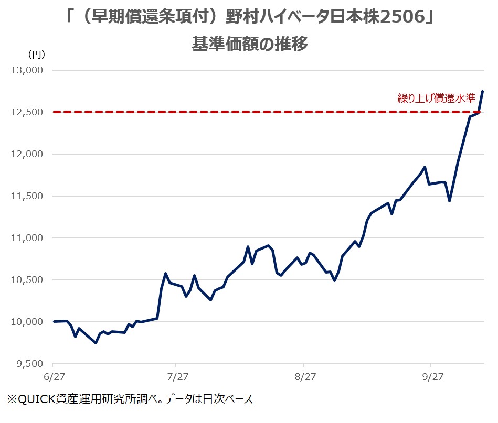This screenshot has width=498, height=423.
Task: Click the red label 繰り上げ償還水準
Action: point(436,99)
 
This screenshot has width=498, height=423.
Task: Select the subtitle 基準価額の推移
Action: point(249,44)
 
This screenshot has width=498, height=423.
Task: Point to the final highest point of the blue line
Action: point(483,92)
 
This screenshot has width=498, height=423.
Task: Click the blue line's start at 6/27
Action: point(54,321)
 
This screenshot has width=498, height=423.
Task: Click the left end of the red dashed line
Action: point(55,112)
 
